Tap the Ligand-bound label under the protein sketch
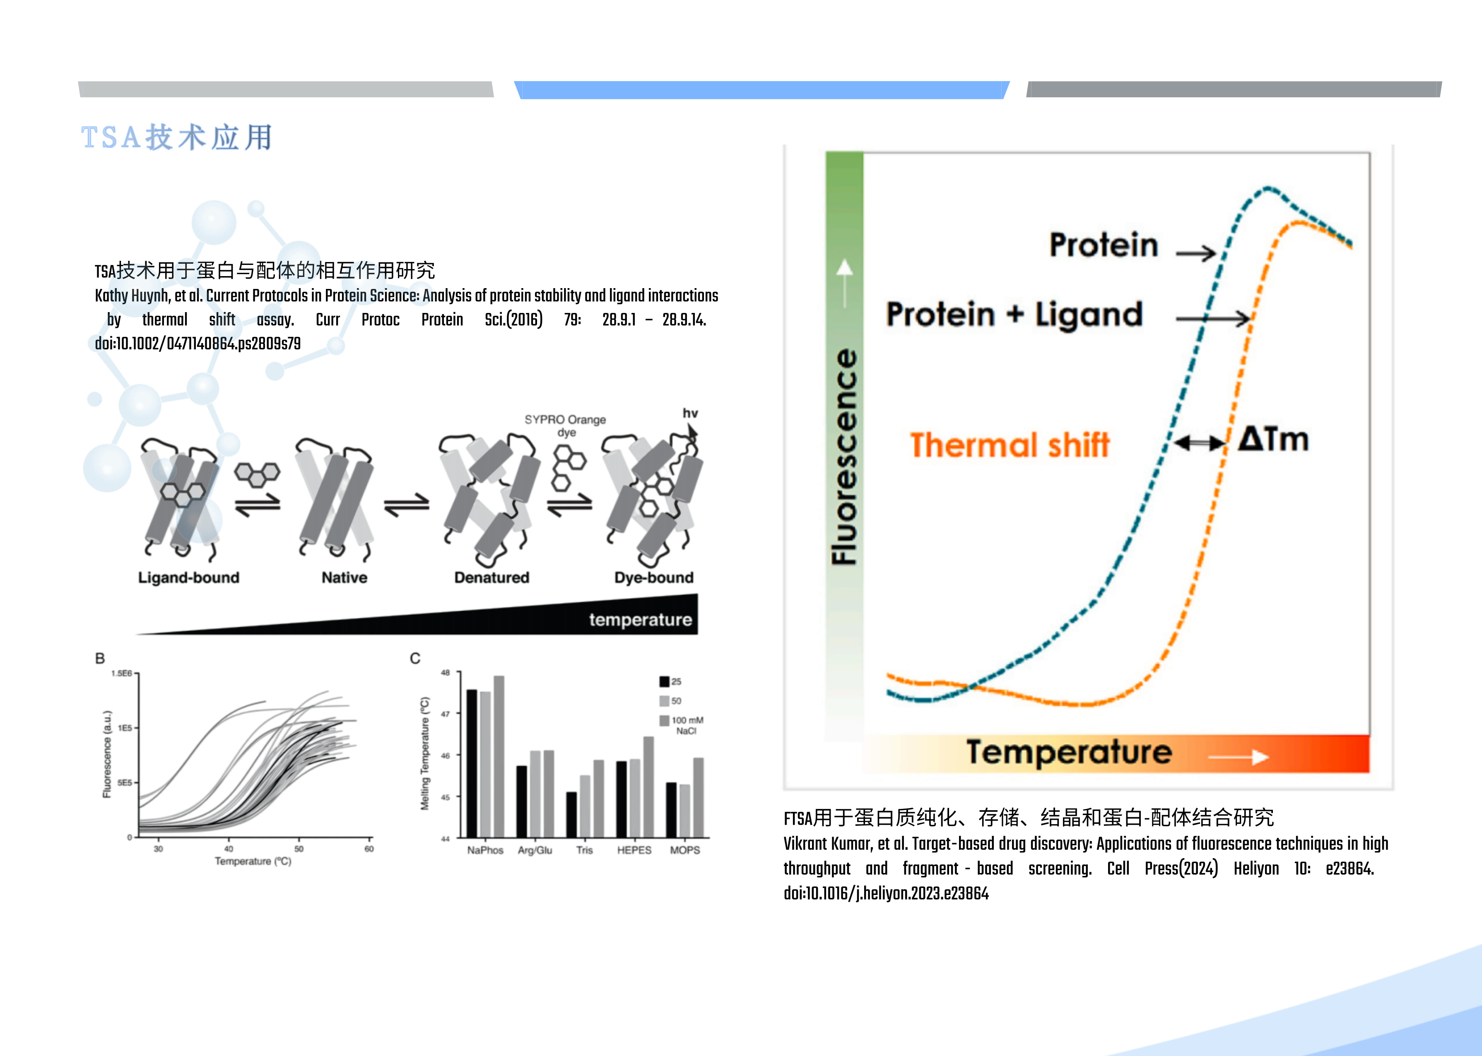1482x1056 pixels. [188, 577]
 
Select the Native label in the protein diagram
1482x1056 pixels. [344, 577]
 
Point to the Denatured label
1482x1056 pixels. [492, 577]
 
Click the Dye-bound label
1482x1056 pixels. [653, 577]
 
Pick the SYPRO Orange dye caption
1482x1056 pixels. [565, 426]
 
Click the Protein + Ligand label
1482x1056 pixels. [1015, 315]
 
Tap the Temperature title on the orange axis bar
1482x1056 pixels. [1069, 752]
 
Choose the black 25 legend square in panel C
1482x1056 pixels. [664, 681]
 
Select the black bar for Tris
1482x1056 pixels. [571, 815]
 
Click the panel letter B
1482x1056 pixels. [100, 658]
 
